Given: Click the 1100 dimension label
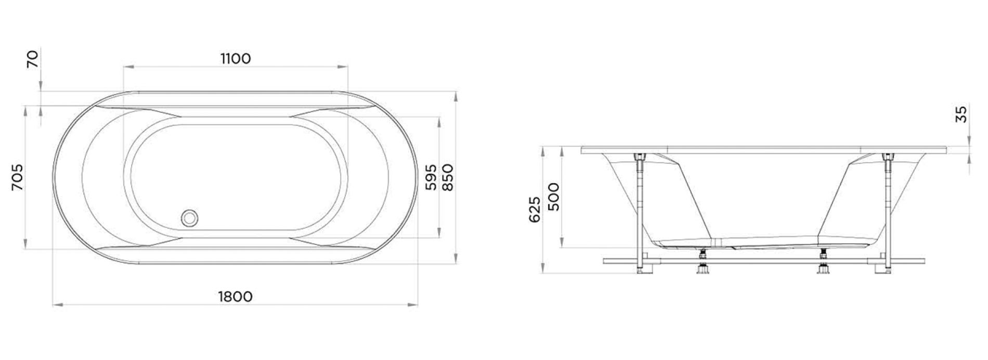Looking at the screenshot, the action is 236,58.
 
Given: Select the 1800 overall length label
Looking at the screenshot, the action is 236,297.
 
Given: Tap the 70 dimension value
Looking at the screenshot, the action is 33,59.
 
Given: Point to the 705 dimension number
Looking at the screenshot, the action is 18,177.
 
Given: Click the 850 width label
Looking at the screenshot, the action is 448,177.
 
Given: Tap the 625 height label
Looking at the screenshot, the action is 535,209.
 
